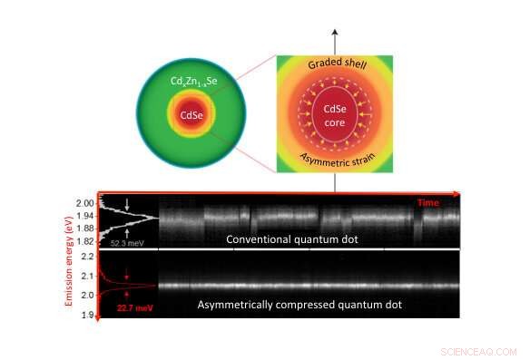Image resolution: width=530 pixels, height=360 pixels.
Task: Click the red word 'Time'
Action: tap(428, 202)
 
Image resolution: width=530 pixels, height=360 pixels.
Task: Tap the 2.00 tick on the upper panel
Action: tap(85, 203)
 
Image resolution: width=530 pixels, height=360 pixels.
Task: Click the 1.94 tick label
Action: tap(85, 216)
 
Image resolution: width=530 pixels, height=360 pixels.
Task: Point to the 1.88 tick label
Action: tap(85, 229)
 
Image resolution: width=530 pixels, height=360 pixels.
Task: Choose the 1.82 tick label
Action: tap(85, 241)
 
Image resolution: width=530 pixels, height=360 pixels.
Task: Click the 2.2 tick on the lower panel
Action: tap(88, 257)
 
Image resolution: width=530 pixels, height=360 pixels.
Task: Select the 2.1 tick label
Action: tap(88, 276)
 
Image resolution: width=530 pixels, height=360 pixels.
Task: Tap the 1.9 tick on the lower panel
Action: tap(88, 315)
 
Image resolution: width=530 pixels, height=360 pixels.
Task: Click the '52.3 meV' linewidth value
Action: tap(123, 243)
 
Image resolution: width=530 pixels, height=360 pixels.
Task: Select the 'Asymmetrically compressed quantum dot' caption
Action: tap(300, 305)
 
